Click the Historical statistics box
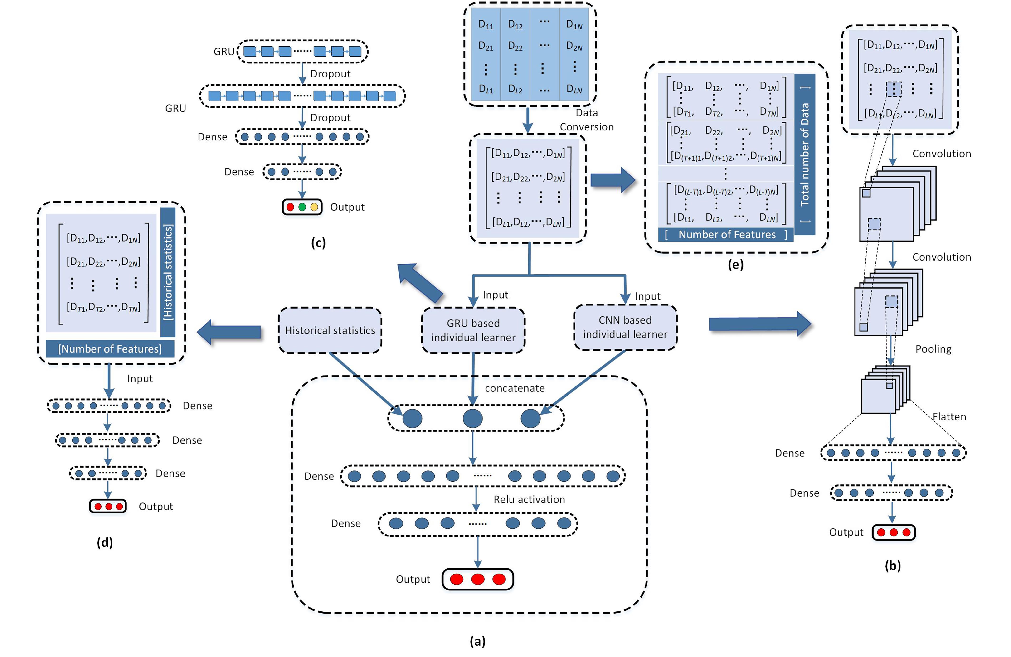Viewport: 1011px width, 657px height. [330, 330]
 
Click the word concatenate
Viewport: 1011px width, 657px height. [515, 388]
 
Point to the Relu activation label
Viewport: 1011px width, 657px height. [529, 499]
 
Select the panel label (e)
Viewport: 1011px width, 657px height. [735, 265]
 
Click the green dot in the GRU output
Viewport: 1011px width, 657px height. [302, 207]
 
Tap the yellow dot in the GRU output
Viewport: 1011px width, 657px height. [314, 207]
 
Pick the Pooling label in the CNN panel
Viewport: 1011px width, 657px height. [933, 349]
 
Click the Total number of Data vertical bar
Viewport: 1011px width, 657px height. [805, 154]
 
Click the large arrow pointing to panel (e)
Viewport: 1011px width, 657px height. [612, 180]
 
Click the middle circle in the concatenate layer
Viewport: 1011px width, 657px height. [472, 418]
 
